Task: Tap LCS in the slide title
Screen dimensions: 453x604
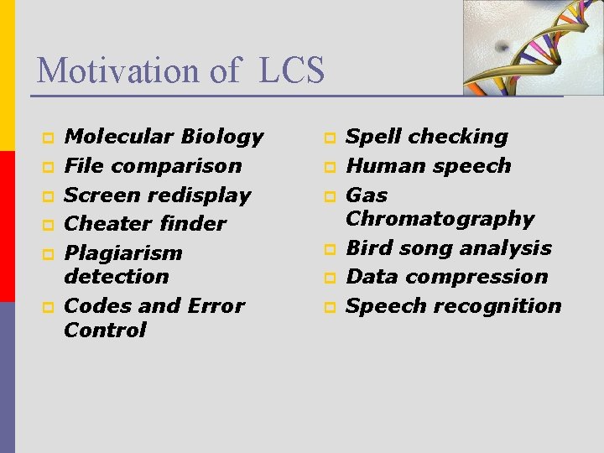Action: click(292, 70)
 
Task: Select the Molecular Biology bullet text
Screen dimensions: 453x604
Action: click(164, 136)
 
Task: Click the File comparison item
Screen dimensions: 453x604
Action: click(153, 165)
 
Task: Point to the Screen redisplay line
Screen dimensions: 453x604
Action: click(158, 195)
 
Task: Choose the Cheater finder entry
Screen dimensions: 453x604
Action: click(145, 223)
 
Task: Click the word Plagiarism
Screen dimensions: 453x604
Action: click(123, 253)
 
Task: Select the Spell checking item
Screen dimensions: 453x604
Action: click(427, 136)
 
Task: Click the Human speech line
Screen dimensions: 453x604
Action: click(429, 165)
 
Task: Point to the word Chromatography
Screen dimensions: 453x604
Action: click(440, 218)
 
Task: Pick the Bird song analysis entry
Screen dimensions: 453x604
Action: click(449, 247)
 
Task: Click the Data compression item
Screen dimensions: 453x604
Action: click(446, 276)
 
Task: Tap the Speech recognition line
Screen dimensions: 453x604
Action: click(454, 305)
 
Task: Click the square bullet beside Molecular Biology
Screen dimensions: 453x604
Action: click(48, 137)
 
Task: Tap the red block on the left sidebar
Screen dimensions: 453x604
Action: click(7, 226)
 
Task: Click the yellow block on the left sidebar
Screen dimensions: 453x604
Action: click(7, 75)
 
